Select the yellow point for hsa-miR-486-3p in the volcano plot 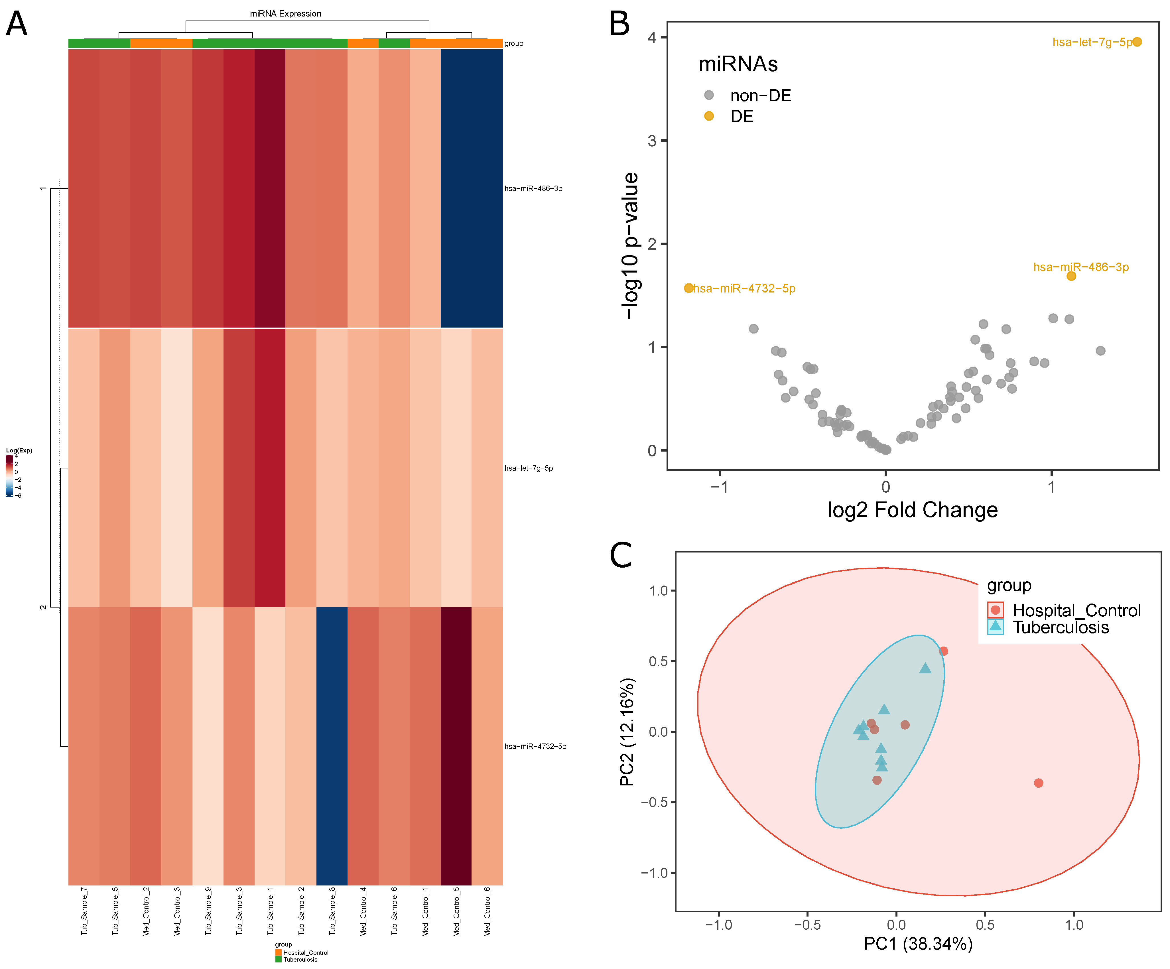[1071, 276]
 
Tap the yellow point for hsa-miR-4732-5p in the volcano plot [688, 288]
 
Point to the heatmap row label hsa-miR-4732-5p [535, 746]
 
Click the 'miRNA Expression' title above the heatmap [285, 13]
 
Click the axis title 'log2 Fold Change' [912, 510]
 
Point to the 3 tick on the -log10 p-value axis [652, 141]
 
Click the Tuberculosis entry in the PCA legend [1060, 627]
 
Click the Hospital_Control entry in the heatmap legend [305, 952]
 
